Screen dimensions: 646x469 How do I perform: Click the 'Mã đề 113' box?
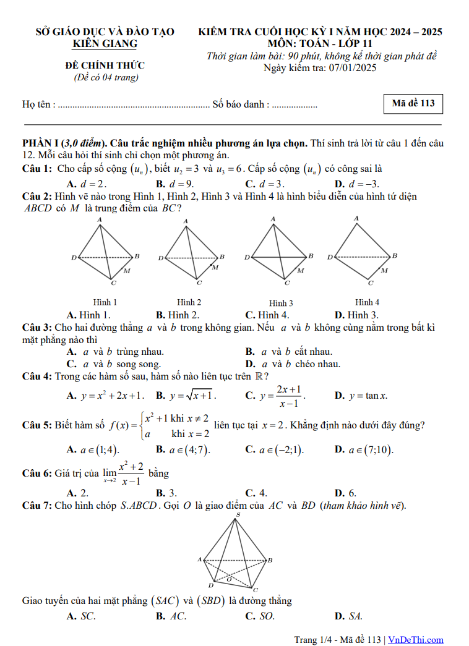point(413,104)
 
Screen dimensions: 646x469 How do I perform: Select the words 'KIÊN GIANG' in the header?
point(105,44)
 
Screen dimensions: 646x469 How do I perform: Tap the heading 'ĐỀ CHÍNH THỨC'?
point(105,66)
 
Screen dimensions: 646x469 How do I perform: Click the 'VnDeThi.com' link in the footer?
point(416,640)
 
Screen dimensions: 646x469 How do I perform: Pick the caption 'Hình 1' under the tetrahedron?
point(105,302)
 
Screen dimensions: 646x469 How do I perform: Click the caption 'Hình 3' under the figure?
point(281,303)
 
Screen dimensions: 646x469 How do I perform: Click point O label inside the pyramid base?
point(228,579)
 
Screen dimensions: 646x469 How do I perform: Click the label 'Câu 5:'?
point(37,425)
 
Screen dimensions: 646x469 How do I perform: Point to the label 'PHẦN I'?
point(41,143)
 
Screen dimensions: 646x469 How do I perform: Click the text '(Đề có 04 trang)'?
point(105,77)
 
